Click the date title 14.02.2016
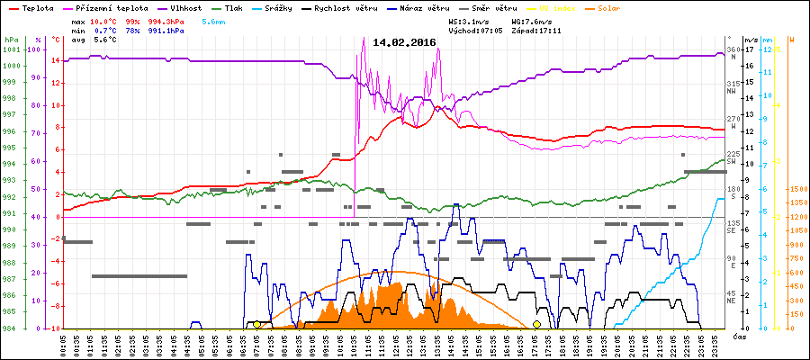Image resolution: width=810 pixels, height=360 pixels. (x=405, y=42)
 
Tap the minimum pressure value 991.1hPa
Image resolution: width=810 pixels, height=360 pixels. (x=168, y=30)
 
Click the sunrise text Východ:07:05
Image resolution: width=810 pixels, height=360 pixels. (x=480, y=30)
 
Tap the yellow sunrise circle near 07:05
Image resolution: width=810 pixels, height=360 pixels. (x=256, y=324)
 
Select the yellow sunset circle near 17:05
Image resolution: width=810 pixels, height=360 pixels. (x=537, y=324)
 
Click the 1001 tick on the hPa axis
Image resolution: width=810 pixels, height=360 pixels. (x=11, y=50)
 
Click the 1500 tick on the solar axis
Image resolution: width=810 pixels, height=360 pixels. (x=797, y=190)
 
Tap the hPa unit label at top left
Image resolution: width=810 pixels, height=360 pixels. (x=11, y=40)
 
